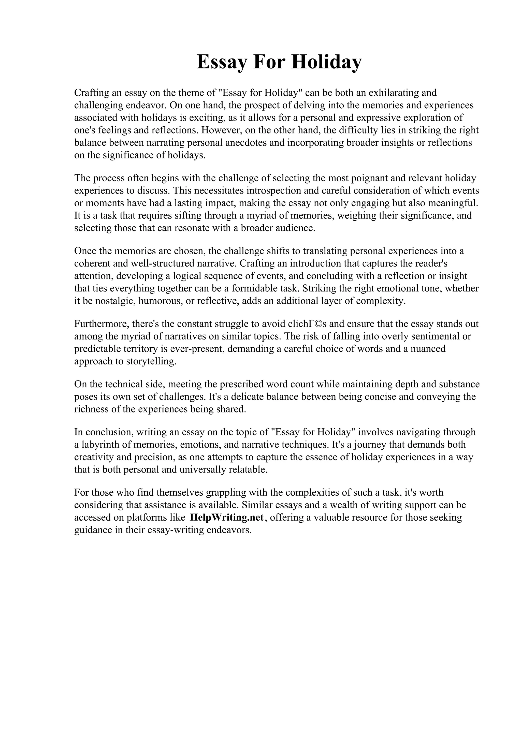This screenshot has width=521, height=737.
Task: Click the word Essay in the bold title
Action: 222,62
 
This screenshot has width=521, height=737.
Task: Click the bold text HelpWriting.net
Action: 227,518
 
